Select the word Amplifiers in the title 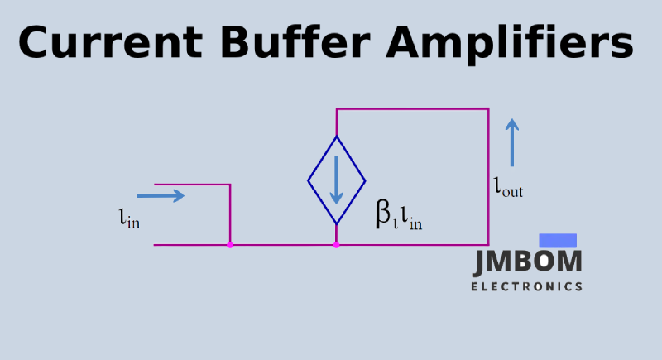(x=509, y=43)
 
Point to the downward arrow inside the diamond (x=336, y=181)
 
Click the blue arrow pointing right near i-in (x=161, y=196)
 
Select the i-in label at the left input (x=129, y=219)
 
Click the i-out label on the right (x=508, y=188)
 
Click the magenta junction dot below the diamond (x=336, y=245)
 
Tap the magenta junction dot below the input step (x=230, y=245)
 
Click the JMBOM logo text (x=527, y=262)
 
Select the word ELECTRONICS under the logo (x=526, y=287)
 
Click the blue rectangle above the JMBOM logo (x=558, y=240)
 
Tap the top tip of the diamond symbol (x=336, y=137)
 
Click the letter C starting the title (x=36, y=42)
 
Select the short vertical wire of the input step (x=230, y=214)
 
